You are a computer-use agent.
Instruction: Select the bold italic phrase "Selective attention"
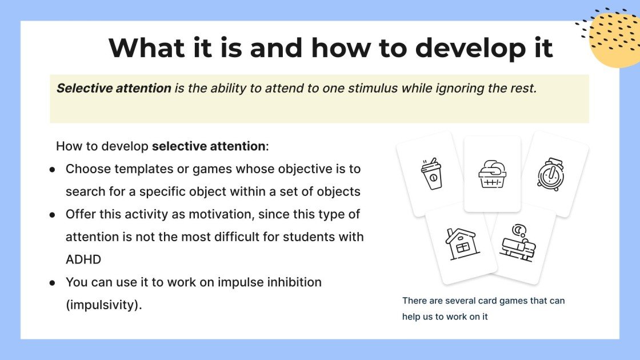(114, 89)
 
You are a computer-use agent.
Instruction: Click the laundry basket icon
(492, 174)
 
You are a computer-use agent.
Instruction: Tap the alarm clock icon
(550, 174)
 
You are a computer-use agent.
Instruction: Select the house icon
(462, 243)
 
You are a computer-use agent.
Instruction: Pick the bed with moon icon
(518, 243)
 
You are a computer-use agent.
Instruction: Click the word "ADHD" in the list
(83, 259)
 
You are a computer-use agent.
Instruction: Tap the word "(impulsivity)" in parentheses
(103, 305)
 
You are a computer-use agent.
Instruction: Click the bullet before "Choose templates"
(52, 170)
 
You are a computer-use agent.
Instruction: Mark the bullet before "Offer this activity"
(52, 215)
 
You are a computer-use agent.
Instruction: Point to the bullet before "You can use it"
(52, 282)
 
